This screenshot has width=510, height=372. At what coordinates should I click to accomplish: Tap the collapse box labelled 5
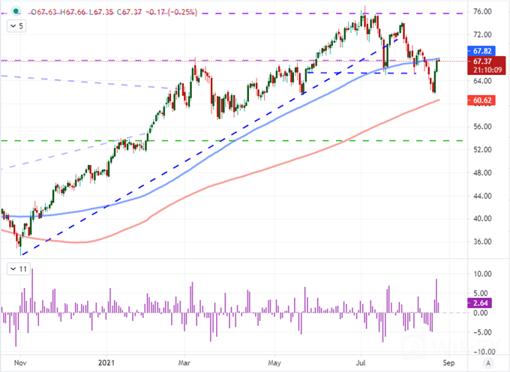17,25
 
